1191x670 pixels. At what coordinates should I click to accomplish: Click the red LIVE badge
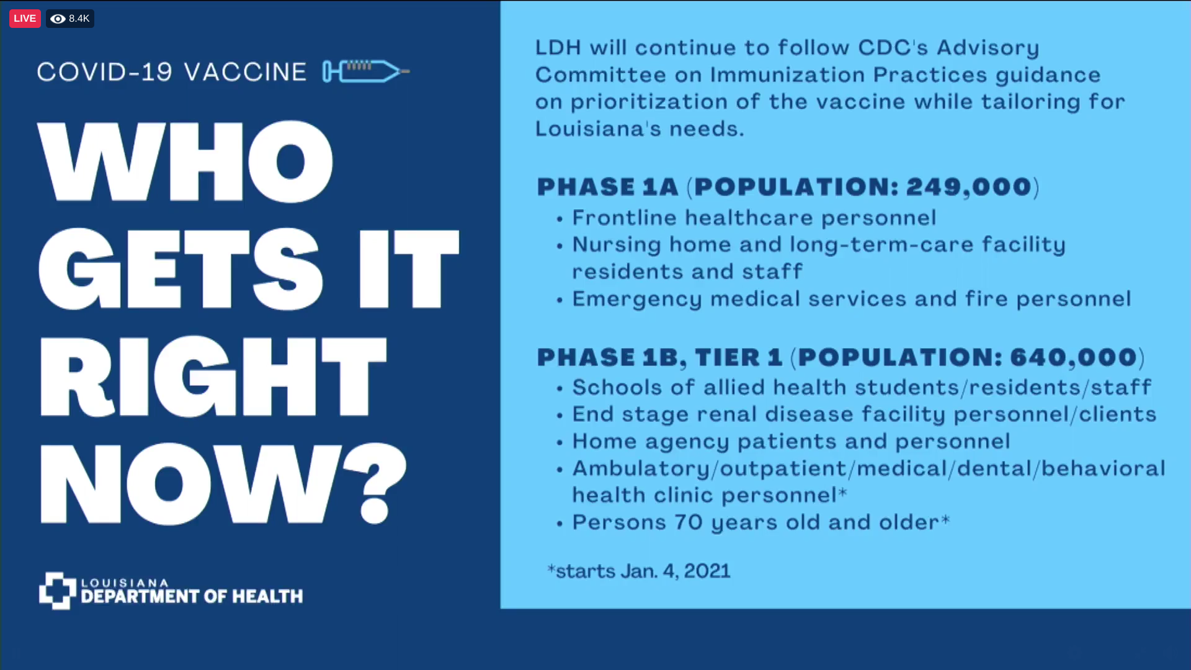[x=25, y=19]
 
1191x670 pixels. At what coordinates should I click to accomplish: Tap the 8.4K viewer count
[x=79, y=19]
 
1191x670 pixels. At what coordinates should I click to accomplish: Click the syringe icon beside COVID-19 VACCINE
[x=366, y=71]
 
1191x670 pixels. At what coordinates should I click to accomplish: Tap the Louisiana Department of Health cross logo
[x=58, y=591]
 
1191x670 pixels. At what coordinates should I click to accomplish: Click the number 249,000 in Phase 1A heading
[x=969, y=187]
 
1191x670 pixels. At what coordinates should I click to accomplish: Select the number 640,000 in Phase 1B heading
[x=1074, y=357]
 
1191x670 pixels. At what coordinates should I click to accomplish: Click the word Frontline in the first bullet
[x=625, y=218]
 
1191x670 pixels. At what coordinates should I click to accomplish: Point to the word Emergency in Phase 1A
[x=637, y=300]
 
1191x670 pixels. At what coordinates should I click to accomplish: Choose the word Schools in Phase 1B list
[x=617, y=387]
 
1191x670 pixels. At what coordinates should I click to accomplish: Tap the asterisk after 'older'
[x=945, y=519]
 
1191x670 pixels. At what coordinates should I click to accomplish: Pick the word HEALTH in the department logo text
[x=267, y=596]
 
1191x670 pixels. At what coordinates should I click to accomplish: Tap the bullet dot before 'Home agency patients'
[x=560, y=443]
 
